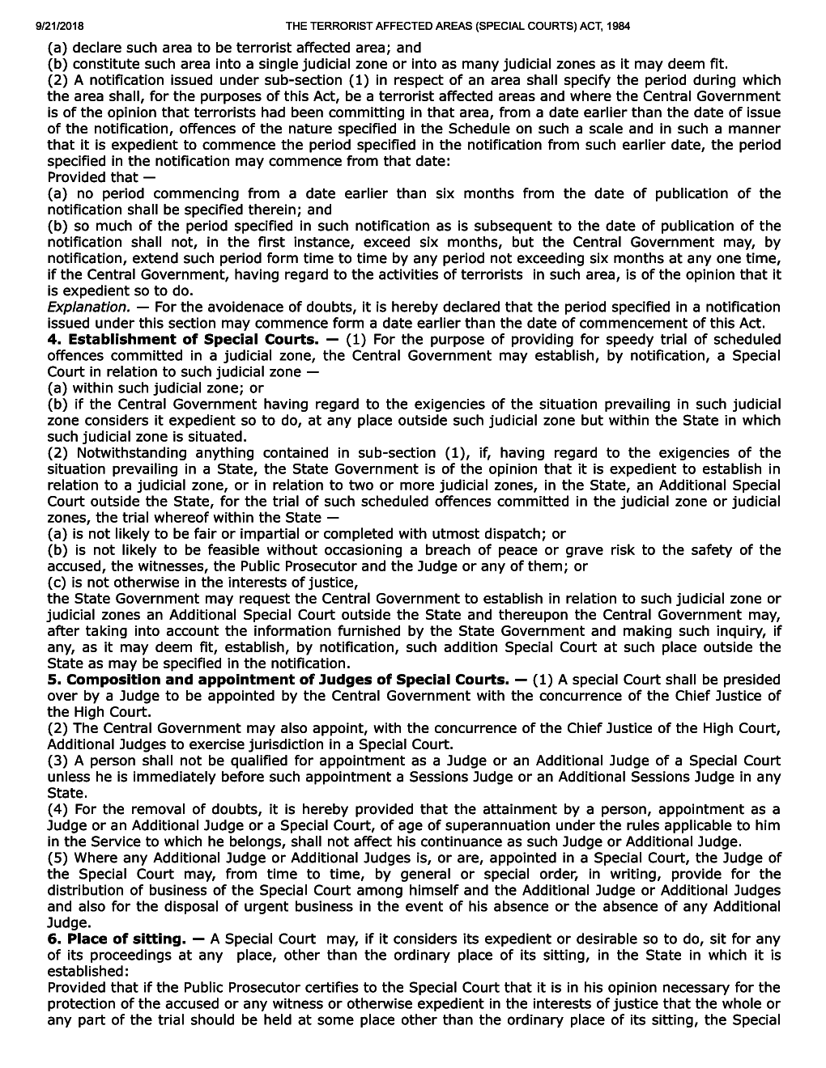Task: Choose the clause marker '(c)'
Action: tap(57, 583)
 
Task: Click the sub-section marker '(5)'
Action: tap(58, 858)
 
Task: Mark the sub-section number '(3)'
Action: tap(58, 761)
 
